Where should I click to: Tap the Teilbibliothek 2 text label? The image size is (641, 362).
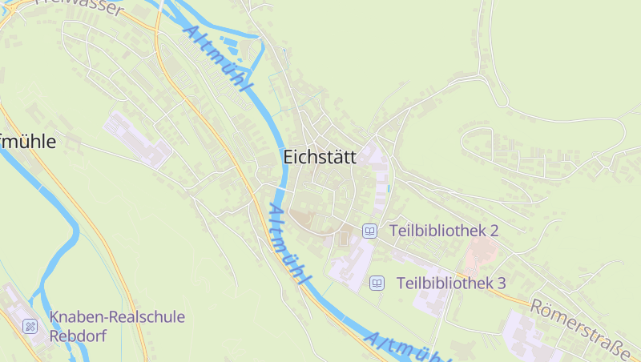444,231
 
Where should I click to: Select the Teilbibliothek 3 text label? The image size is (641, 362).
451,283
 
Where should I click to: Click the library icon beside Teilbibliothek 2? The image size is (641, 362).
369,231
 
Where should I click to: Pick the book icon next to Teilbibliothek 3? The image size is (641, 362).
377,283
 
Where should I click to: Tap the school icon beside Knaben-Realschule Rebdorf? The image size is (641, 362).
30,326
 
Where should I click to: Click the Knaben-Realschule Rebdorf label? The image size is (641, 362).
117,326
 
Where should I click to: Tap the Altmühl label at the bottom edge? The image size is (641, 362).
405,348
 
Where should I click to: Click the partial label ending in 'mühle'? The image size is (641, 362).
28,142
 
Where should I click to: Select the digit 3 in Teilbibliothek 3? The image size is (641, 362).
501,283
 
